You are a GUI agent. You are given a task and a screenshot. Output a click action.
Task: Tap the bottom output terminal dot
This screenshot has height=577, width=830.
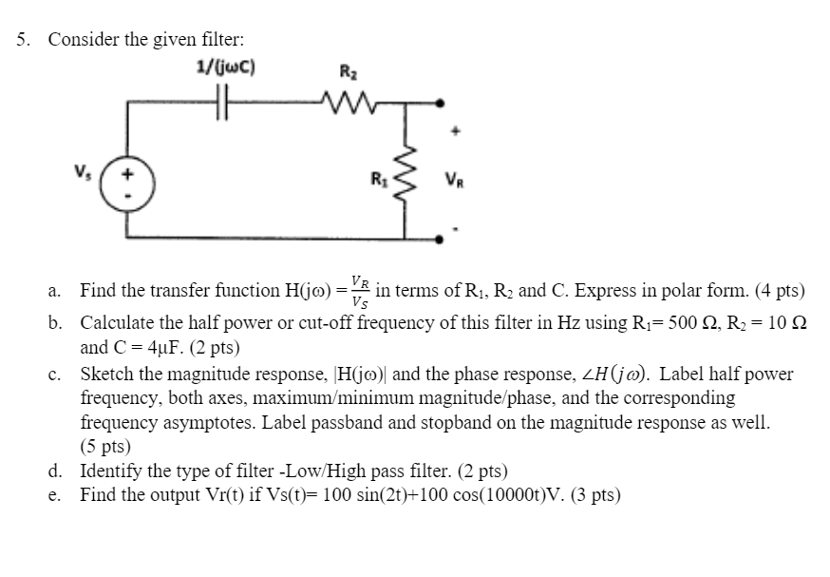[440, 243]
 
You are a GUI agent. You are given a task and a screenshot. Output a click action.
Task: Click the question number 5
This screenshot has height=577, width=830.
[22, 40]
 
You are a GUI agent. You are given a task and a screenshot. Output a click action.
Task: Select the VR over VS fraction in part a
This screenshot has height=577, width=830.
[360, 291]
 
